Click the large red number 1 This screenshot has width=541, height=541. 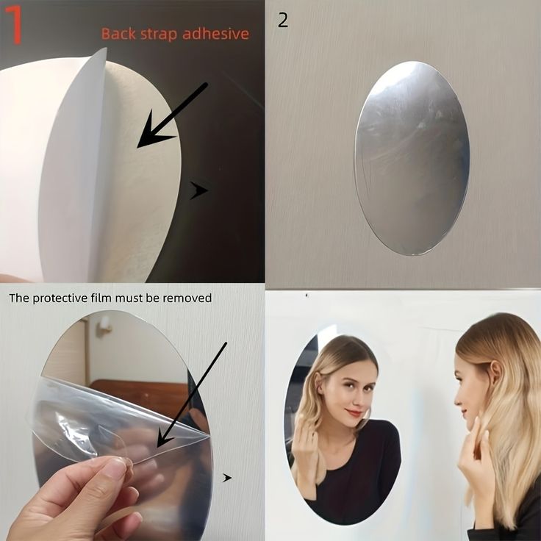15,25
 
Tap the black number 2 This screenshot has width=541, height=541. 283,21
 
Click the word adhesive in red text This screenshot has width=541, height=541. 215,34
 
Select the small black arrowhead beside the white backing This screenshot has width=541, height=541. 198,190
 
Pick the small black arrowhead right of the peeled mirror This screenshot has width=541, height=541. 227,478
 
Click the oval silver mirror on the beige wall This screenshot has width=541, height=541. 412,158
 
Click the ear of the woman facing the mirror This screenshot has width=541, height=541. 494,374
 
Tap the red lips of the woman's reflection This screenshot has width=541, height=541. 355,412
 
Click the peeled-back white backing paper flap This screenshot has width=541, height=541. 74,165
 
